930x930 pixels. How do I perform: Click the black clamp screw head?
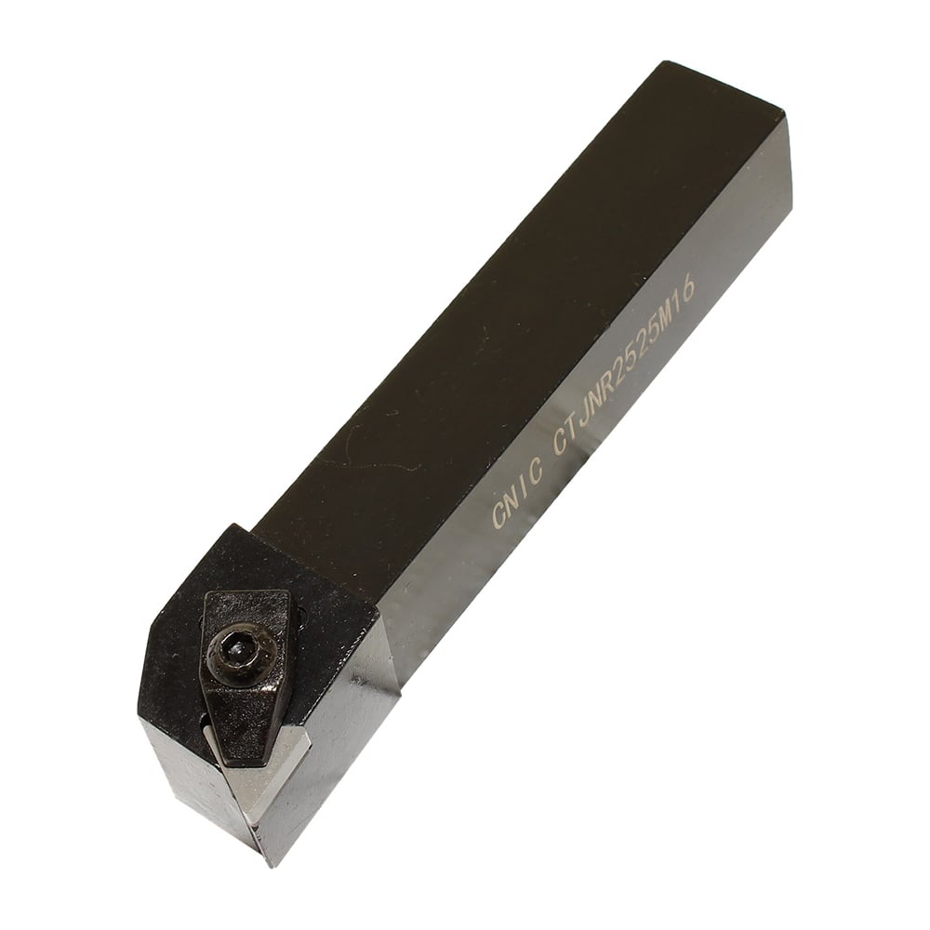(x=240, y=648)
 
